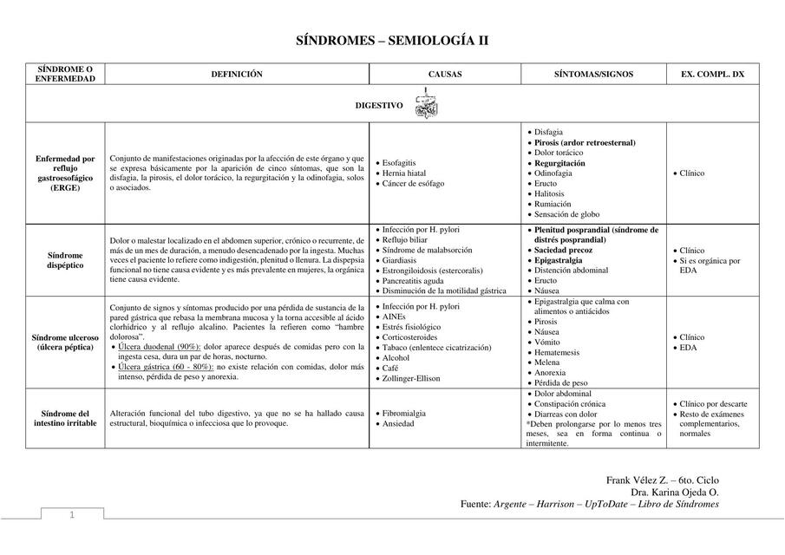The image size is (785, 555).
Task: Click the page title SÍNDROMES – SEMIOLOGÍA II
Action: click(392, 41)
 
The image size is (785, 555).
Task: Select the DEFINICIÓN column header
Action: click(237, 75)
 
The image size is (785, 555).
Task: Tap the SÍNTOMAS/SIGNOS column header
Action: click(593, 75)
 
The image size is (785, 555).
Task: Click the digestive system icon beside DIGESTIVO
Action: click(426, 107)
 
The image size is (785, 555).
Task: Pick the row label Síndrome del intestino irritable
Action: click(65, 419)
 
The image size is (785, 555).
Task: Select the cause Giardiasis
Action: click(399, 260)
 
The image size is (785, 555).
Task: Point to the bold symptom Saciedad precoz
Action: click(564, 250)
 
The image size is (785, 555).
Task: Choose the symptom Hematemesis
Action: click(558, 352)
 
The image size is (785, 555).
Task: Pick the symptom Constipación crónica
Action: click(570, 404)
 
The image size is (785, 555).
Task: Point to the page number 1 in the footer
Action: click(73, 516)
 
